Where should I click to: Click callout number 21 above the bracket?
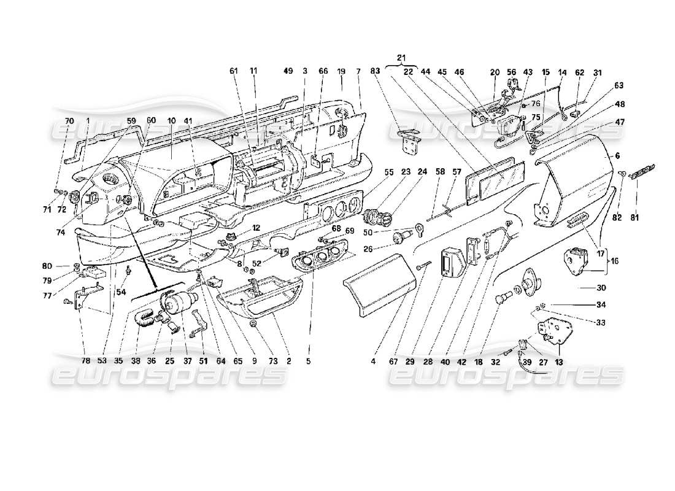point(401,58)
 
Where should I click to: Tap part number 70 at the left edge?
point(69,121)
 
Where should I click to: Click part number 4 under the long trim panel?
point(372,361)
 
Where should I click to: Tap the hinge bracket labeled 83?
point(407,141)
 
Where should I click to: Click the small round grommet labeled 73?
point(253,323)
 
